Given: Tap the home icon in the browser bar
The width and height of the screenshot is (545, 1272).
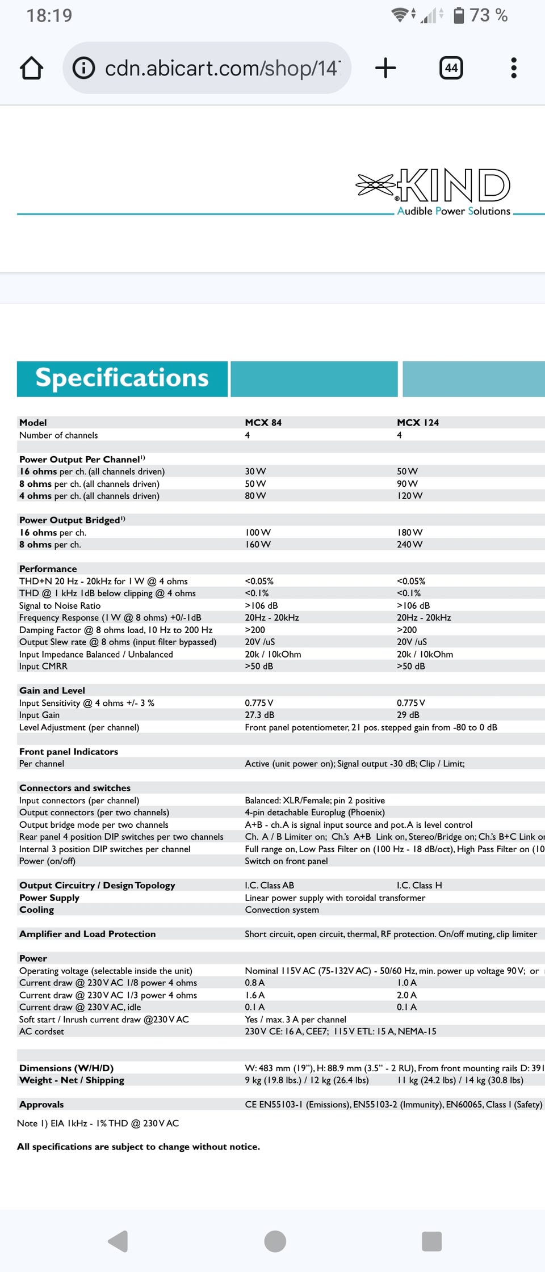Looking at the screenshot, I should [32, 68].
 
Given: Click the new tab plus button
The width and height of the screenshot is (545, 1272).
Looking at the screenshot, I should [385, 68].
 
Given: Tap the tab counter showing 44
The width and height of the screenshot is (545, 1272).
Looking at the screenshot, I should [451, 68].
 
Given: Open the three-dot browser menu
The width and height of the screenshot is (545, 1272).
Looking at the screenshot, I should [514, 68].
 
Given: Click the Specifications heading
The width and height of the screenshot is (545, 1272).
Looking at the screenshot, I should [122, 378].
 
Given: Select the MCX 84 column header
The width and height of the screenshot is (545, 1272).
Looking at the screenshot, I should [263, 423].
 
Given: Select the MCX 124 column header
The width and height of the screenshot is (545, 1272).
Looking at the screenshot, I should [417, 423].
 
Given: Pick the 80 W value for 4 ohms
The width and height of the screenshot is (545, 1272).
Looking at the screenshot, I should [255, 496].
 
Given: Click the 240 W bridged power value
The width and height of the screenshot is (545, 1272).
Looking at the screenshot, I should [409, 545].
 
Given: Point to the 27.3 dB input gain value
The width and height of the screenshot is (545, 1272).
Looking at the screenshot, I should [259, 715].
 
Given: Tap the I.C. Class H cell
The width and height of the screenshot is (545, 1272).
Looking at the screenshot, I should [419, 886].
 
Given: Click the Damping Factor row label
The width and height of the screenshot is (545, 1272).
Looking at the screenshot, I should [116, 630].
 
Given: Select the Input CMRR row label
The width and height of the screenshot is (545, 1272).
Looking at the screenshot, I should [43, 667].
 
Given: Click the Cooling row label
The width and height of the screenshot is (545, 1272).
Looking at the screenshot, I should [36, 910].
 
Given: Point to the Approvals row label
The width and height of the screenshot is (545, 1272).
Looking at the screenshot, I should [41, 1105].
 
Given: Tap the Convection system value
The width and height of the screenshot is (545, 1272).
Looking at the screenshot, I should [282, 910].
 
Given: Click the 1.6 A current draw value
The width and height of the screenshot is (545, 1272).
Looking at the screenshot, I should [254, 995].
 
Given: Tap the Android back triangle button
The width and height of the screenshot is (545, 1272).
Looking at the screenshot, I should [118, 1241].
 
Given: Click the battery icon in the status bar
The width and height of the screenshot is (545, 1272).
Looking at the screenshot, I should [459, 15].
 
